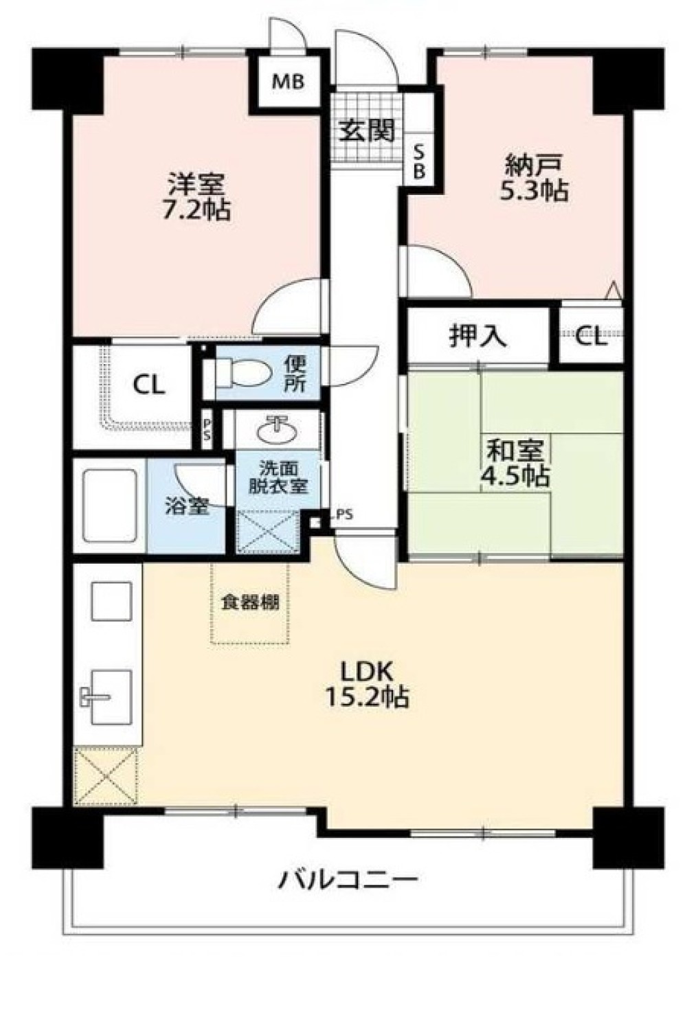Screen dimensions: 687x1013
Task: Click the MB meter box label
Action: tap(288, 82)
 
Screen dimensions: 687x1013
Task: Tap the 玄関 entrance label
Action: tap(367, 130)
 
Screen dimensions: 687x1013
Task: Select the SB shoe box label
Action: tap(419, 162)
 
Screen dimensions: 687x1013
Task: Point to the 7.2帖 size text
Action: tap(196, 210)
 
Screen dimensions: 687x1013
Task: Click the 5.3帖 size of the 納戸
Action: tap(534, 190)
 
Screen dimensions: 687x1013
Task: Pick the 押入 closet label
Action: tap(478, 336)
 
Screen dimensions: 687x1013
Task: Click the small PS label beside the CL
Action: tap(207, 429)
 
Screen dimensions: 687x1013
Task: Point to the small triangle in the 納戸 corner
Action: tap(613, 291)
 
